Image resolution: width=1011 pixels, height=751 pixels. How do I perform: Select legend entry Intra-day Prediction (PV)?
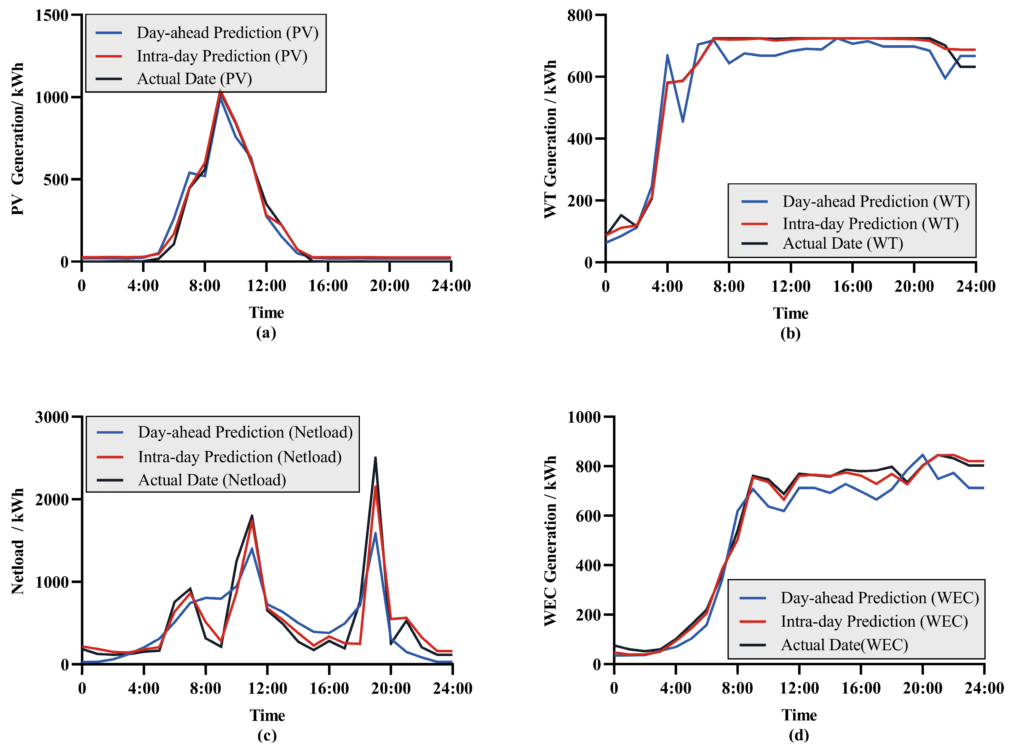coord(222,56)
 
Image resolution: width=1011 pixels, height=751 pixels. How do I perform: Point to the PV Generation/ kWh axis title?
coord(17,139)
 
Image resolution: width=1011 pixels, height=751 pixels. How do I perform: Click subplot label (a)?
coord(266,333)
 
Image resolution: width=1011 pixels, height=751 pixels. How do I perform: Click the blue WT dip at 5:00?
coord(683,121)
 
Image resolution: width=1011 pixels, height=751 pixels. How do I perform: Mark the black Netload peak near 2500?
coord(375,458)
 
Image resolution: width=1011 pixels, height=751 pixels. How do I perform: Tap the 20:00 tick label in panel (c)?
coord(391,688)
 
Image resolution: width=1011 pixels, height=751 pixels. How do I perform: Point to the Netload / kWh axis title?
coord(17,541)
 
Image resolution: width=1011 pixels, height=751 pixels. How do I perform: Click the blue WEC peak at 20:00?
coord(922,455)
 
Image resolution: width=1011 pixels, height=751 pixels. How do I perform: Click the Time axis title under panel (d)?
coord(799,715)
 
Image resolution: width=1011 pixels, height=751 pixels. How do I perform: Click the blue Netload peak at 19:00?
coord(375,533)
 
